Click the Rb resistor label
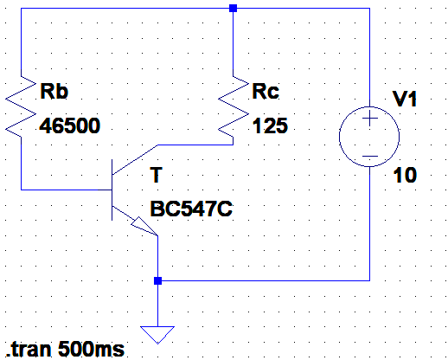coord(54,91)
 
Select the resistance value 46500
coord(70,125)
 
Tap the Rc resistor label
coord(266,91)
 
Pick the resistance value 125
coord(270,125)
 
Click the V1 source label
coord(405,99)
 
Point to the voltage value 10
coord(405,175)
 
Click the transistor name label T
coord(157,175)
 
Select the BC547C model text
coord(191,209)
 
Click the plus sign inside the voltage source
coord(369,118)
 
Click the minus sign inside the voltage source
coord(369,157)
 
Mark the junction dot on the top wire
coord(233,8)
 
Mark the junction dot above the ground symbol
coord(157,280)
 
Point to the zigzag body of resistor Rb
coord(21,106)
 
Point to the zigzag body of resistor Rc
coord(234,106)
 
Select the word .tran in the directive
coord(29,350)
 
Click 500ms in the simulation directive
coord(91,350)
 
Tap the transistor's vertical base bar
coord(112,190)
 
